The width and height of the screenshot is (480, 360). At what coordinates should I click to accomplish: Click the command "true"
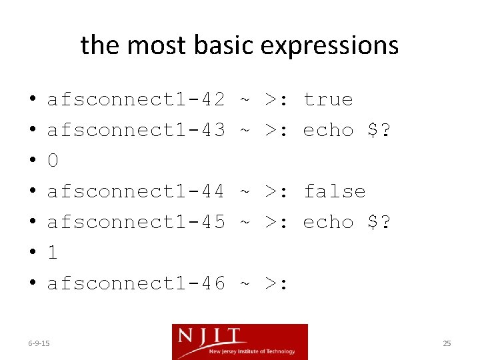click(328, 99)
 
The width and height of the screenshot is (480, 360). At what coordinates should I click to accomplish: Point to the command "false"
click(334, 191)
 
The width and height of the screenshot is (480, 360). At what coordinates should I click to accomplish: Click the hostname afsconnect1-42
click(136, 99)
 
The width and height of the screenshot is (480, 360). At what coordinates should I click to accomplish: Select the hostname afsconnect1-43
click(136, 130)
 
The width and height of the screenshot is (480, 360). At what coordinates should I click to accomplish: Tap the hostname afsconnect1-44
click(136, 191)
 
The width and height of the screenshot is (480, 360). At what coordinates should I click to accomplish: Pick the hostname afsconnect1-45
click(136, 222)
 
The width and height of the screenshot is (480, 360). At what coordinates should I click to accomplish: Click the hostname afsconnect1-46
click(136, 283)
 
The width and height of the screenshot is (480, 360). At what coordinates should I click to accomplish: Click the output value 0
click(53, 161)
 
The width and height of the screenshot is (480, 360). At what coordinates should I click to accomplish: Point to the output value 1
click(53, 253)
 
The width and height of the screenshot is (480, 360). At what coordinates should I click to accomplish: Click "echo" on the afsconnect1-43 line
click(328, 130)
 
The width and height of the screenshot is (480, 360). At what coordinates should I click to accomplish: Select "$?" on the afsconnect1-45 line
click(379, 222)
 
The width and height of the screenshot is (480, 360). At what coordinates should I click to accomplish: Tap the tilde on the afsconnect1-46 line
click(245, 283)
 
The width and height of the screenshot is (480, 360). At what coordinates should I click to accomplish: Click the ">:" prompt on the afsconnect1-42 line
click(277, 99)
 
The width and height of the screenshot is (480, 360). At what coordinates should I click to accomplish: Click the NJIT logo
click(240, 341)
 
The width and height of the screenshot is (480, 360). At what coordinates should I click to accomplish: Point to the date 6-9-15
click(39, 343)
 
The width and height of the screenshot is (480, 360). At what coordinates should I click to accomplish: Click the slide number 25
click(447, 343)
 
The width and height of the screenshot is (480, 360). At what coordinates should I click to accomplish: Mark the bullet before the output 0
click(32, 161)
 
